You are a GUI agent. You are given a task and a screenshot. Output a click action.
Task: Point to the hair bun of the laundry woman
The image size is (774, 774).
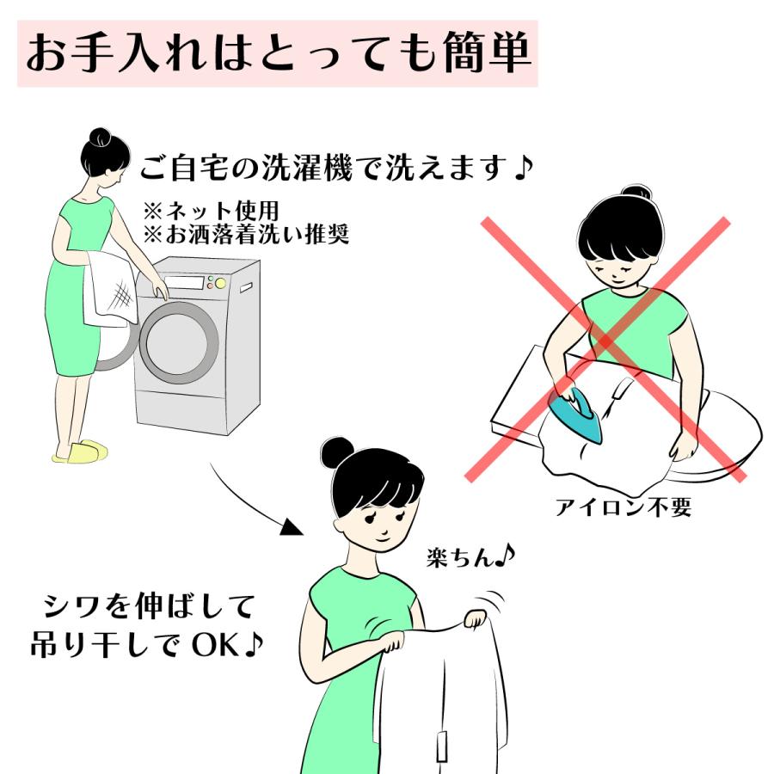(x=101, y=137)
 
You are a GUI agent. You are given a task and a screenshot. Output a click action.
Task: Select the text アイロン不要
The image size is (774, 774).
(x=623, y=507)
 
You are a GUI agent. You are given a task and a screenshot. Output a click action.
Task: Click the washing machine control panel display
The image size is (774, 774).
(x=184, y=283)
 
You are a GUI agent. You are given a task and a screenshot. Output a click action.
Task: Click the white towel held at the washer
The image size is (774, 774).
(x=109, y=287)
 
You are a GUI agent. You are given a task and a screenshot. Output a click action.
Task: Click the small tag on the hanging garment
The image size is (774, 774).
(x=443, y=744)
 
